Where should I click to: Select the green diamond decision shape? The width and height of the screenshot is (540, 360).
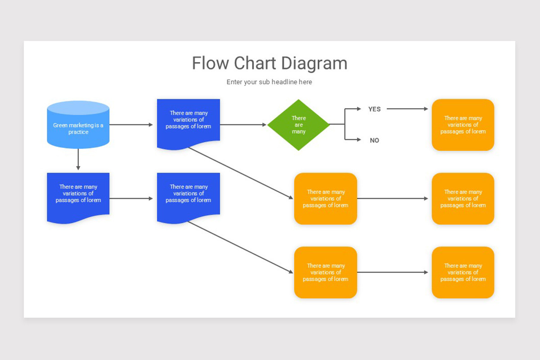pyautogui.click(x=298, y=125)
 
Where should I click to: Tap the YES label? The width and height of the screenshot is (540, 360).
pyautogui.click(x=374, y=109)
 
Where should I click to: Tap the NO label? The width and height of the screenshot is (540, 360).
pyautogui.click(x=374, y=140)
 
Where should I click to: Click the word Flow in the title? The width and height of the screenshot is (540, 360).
pyautogui.click(x=211, y=63)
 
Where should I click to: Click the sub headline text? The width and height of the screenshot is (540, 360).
pyautogui.click(x=269, y=82)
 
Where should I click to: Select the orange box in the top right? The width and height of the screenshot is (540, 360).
pyautogui.click(x=463, y=125)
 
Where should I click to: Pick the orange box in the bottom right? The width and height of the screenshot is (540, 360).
pyautogui.click(x=463, y=272)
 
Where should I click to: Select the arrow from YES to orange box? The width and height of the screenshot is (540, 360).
pyautogui.click(x=407, y=109)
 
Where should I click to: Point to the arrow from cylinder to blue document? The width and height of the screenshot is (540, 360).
pyautogui.click(x=131, y=125)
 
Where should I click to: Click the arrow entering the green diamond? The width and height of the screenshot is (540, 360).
pyautogui.click(x=243, y=125)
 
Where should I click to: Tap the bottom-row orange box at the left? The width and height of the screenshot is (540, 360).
pyautogui.click(x=325, y=272)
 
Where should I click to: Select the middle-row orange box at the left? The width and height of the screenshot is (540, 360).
pyautogui.click(x=325, y=198)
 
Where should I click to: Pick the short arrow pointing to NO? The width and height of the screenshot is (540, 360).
pyautogui.click(x=353, y=140)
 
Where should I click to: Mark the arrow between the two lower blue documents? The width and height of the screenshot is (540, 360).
pyautogui.click(x=131, y=198)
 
